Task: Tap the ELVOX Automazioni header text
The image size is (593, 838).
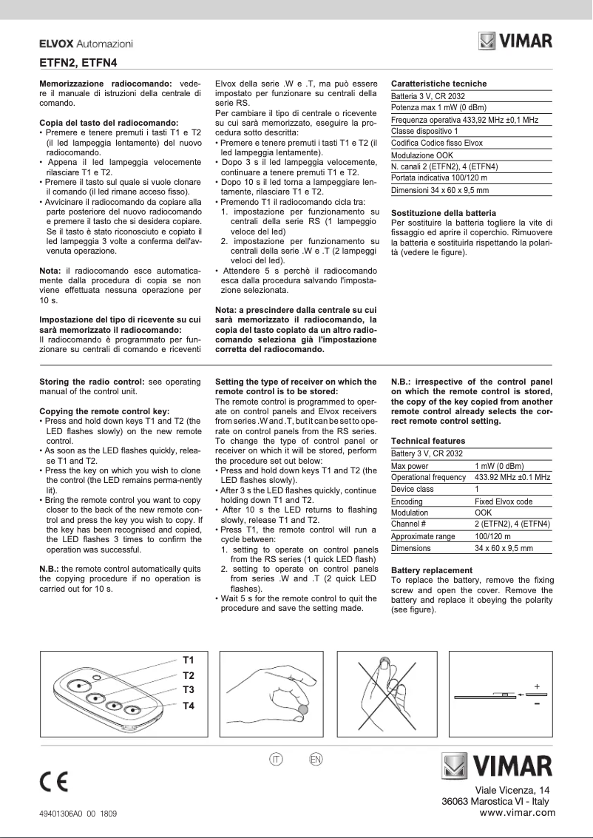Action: tap(86, 45)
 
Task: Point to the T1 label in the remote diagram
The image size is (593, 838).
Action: tap(189, 659)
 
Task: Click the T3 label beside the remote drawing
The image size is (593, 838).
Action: tap(189, 689)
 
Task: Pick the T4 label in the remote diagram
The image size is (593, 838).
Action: tap(189, 706)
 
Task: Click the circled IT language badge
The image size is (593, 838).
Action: tap(276, 760)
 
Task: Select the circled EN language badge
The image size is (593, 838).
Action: tap(316, 760)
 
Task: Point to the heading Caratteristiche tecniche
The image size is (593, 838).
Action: tap(438, 84)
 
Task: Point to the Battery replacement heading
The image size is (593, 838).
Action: tap(431, 570)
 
